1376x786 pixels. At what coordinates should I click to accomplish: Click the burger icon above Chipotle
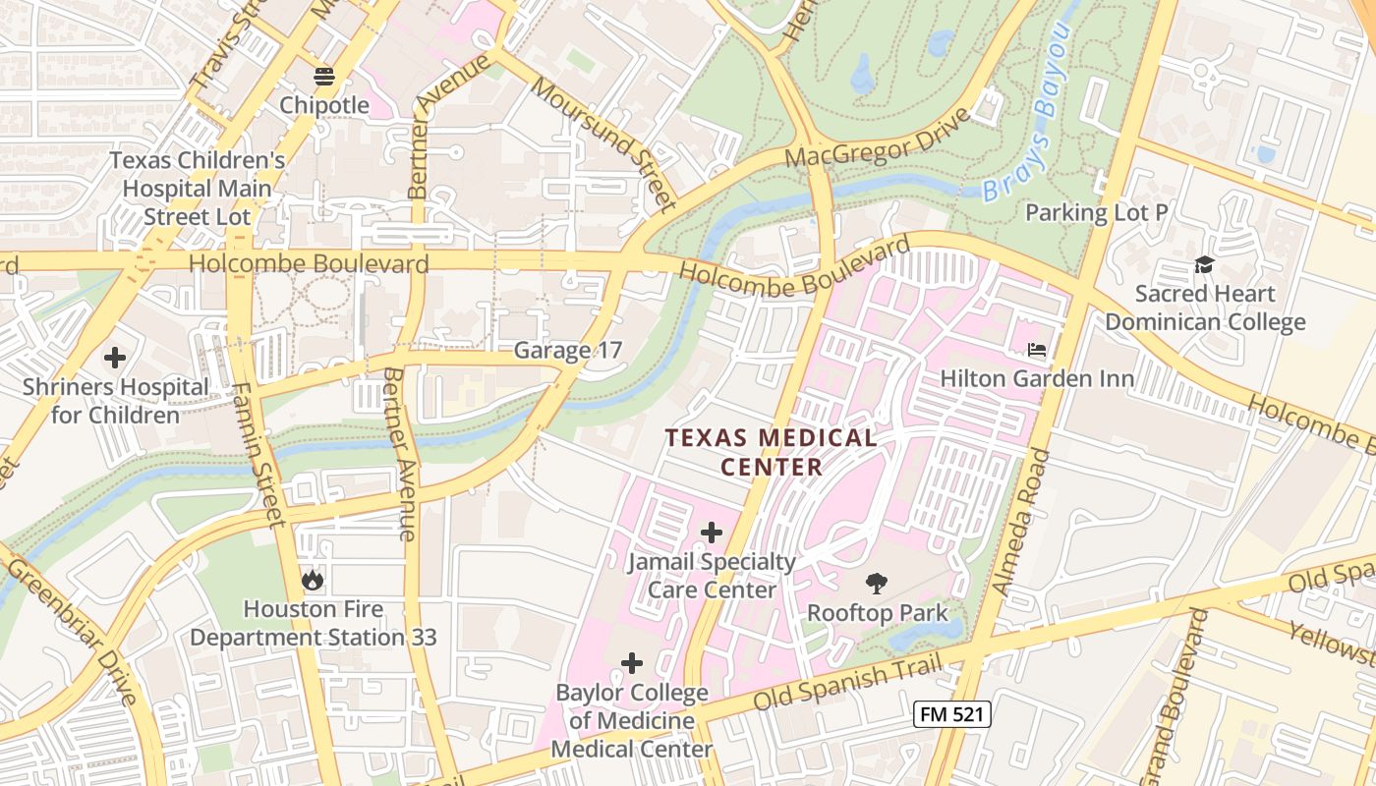pyautogui.click(x=324, y=76)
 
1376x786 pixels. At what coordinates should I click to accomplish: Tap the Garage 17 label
pyautogui.click(x=568, y=350)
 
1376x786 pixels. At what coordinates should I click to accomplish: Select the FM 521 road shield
pyautogui.click(x=950, y=714)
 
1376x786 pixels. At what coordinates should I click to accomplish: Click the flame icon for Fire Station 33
pyautogui.click(x=313, y=580)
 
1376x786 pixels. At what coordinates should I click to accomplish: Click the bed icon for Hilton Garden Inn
pyautogui.click(x=1037, y=349)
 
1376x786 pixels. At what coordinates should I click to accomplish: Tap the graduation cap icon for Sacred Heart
pyautogui.click(x=1204, y=263)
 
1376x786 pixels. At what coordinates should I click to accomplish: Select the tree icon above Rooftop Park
pyautogui.click(x=877, y=584)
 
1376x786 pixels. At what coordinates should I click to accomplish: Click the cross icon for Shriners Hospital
pyautogui.click(x=115, y=358)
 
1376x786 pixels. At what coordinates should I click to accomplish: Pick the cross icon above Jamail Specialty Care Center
pyautogui.click(x=711, y=533)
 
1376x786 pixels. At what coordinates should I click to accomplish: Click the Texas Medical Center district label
pyautogui.click(x=772, y=452)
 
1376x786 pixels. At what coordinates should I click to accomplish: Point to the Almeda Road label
pyautogui.click(x=1021, y=521)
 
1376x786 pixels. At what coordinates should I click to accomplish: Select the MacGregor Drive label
pyautogui.click(x=878, y=138)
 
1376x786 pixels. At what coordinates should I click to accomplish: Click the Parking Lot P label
pyautogui.click(x=1096, y=212)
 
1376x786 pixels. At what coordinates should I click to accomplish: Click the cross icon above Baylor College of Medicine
pyautogui.click(x=631, y=663)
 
